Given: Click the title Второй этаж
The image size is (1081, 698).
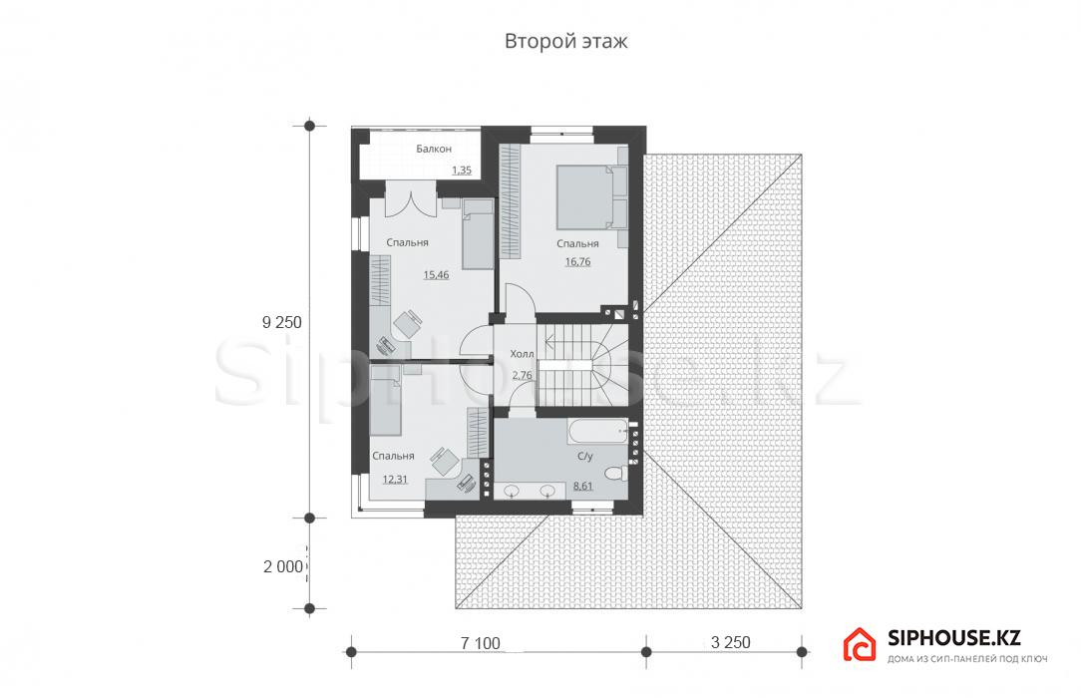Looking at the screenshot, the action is click(566, 41).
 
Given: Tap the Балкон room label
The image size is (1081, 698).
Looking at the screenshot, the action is click(434, 149).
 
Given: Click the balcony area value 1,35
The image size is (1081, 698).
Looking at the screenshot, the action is click(462, 171).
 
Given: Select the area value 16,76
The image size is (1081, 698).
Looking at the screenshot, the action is click(577, 262).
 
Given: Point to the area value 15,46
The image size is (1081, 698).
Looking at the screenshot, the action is click(436, 275).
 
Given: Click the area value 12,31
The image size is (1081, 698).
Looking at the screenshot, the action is click(395, 480).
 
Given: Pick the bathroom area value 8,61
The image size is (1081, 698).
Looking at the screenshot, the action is click(583, 486).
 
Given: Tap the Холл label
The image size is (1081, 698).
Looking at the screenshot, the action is click(522, 354).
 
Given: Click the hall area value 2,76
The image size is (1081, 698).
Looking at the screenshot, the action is click(522, 376).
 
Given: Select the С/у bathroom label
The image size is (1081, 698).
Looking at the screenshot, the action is click(584, 456).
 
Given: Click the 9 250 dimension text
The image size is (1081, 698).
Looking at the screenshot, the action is click(282, 322).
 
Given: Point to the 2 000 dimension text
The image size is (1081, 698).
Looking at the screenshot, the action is click(283, 566).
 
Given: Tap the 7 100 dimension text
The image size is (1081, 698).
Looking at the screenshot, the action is click(481, 643).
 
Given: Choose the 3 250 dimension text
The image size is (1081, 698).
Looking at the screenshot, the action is click(731, 642).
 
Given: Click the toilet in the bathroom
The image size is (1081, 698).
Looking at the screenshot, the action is click(615, 474).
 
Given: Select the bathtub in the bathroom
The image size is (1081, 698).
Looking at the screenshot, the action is click(597, 432).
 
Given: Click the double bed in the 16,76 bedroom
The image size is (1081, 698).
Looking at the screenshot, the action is click(584, 196).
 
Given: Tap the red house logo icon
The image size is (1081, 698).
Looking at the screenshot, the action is click(860, 644).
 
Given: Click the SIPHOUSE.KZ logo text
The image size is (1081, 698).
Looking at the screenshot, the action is click(954, 638).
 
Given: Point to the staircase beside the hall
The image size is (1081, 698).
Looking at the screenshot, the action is click(583, 365).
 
